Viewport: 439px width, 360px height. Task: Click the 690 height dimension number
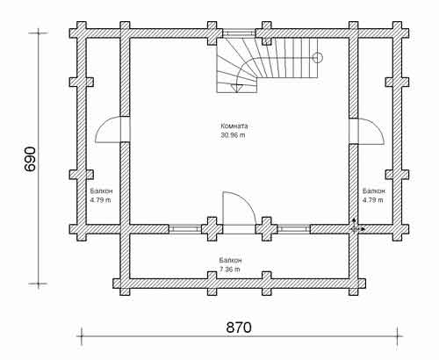coord(31,159)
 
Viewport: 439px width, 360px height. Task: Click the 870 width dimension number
coord(239,328)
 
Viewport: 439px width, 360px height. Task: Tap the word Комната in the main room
coord(234,126)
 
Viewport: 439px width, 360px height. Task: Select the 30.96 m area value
coord(233,135)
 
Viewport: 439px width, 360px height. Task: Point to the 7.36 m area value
coord(230,270)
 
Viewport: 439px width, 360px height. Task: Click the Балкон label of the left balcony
coord(101,191)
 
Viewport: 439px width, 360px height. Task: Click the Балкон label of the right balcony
coord(374,191)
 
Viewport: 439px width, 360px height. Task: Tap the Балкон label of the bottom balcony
coord(230,260)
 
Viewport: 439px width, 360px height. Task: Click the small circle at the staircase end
coord(318,58)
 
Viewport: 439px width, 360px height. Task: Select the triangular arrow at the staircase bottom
coord(236,88)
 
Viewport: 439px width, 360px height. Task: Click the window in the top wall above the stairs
coord(239,32)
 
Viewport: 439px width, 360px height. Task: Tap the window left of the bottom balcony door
coord(185,229)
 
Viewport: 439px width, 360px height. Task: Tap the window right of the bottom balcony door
coord(293,229)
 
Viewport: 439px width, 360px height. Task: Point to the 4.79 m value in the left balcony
coord(100,200)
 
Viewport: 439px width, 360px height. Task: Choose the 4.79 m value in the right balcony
coord(373,200)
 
